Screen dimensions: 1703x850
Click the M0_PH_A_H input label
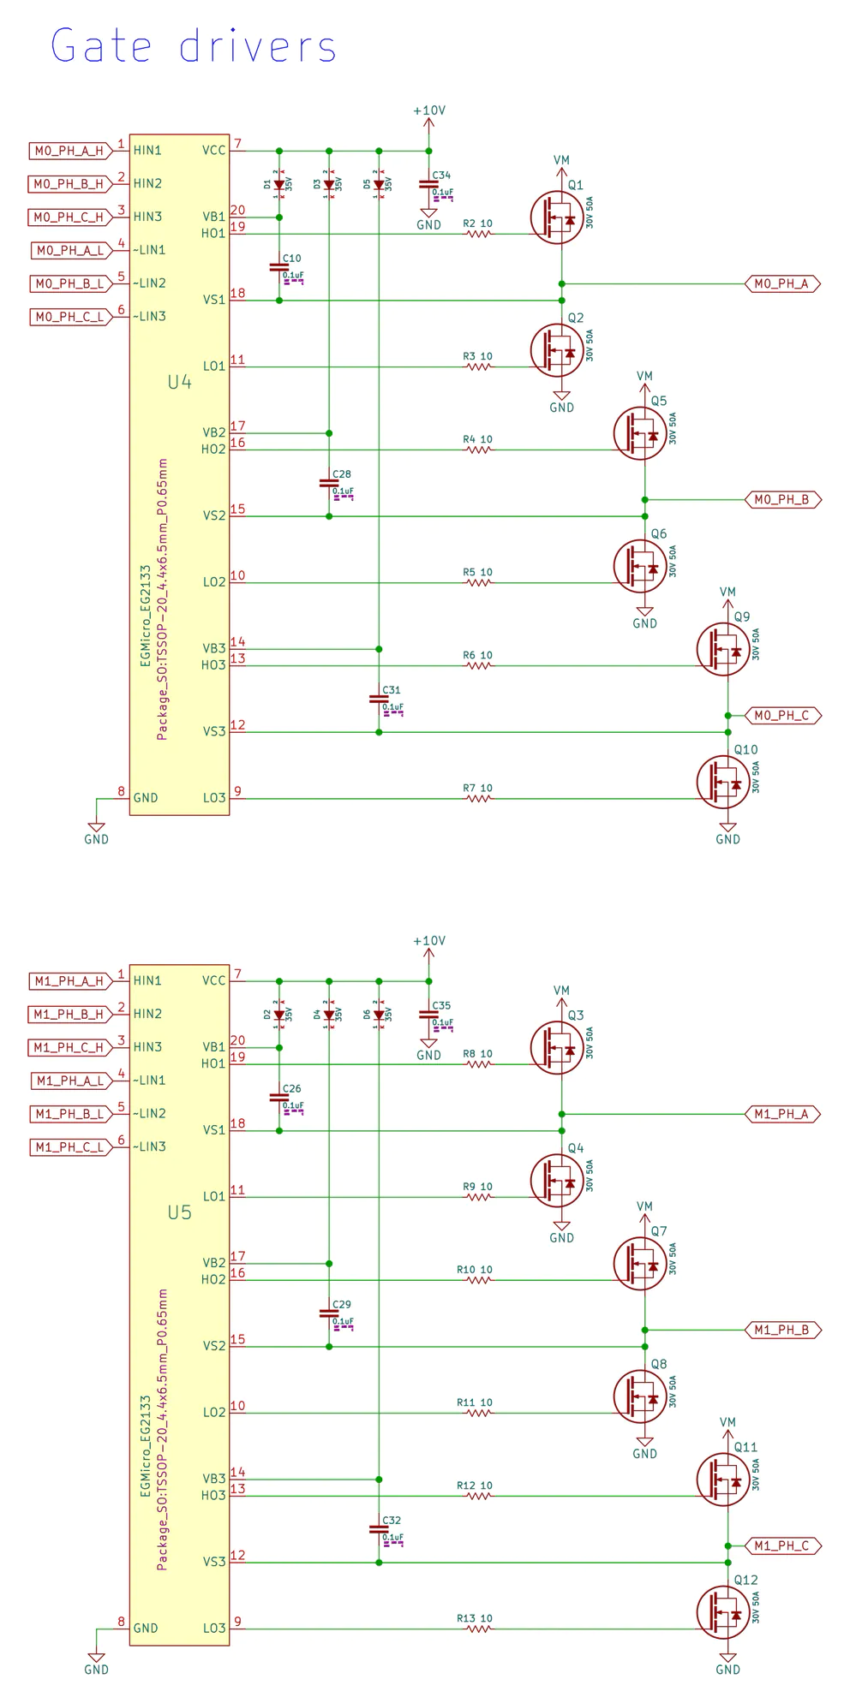[69, 151]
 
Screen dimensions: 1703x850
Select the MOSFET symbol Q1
[557, 217]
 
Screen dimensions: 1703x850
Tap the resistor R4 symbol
[479, 450]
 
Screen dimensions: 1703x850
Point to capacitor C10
[279, 267]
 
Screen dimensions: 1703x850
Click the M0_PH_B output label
[781, 499]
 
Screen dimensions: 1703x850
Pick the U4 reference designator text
[179, 382]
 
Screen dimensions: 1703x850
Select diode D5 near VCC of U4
[379, 184]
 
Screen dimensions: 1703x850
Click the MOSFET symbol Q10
[724, 781]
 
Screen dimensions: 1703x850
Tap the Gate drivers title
[194, 46]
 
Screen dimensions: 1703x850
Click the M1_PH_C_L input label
[69, 1146]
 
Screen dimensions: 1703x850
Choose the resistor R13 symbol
[479, 1629]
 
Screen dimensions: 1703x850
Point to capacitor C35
[429, 1014]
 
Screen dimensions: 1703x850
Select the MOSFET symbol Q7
[640, 1263]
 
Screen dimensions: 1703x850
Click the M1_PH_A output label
[781, 1114]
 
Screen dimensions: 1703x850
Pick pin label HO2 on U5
[214, 1279]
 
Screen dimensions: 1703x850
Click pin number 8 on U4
[122, 792]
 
